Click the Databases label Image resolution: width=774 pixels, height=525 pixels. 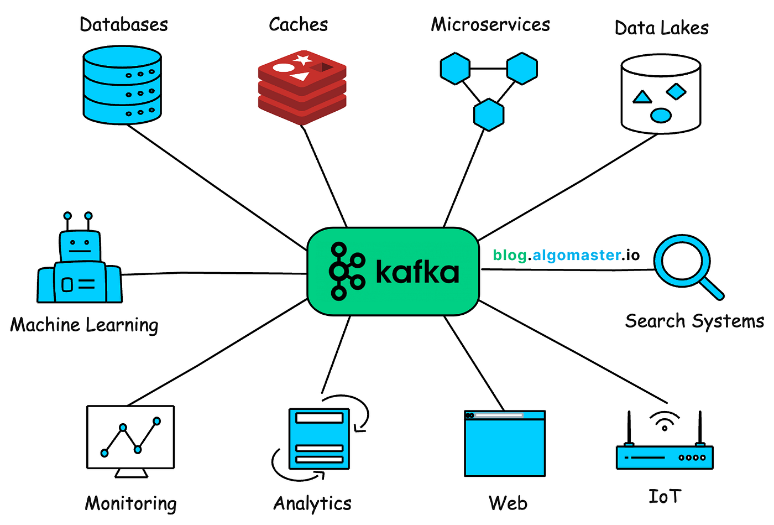124,24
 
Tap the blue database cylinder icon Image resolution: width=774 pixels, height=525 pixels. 122,85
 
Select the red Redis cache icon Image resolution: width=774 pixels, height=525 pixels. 302,86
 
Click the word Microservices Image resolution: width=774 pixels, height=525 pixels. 490,24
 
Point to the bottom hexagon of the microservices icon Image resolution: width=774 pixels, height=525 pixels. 489,115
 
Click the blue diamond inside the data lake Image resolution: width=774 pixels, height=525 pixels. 676,91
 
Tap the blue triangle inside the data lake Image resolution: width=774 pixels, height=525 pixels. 642,98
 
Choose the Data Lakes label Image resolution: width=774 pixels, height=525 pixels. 661,28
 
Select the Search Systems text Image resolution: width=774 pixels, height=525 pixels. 694,321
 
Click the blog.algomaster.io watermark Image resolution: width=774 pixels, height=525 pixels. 566,255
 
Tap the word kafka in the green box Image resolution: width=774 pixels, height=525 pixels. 417,272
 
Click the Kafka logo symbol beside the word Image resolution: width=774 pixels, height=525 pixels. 347,271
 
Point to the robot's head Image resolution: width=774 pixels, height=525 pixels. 80,245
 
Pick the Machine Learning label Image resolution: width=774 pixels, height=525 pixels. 84,325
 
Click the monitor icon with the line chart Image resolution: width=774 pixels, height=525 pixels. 130,440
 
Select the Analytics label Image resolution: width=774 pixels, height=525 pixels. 312,503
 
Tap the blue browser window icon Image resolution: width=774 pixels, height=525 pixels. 505,443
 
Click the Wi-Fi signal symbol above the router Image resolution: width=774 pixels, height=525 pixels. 665,421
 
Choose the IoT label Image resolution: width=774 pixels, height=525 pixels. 665,496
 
